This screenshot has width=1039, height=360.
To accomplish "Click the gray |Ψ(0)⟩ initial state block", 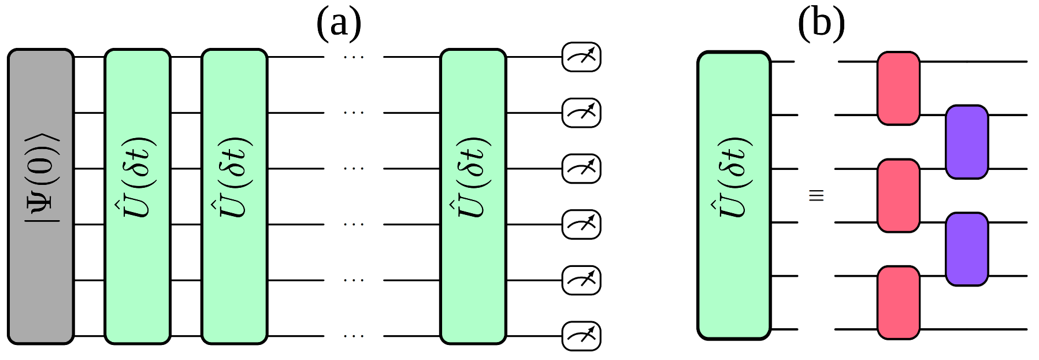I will (x=40, y=196).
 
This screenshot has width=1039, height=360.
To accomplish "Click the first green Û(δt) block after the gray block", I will (x=138, y=196).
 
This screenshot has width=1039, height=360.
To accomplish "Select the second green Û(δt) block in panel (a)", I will (x=235, y=196).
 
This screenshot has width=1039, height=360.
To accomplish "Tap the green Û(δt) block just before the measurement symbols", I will (x=473, y=196).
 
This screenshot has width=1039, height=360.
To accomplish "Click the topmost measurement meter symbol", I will (x=581, y=57).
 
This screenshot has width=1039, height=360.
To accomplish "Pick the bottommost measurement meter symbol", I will (x=581, y=336).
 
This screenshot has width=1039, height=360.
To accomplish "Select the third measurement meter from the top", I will (x=581, y=169).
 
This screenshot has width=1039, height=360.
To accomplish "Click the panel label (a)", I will (x=339, y=24).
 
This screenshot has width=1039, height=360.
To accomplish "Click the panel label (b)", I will (x=821, y=24).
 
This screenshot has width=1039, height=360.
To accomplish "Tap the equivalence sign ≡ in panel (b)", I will (x=816, y=195).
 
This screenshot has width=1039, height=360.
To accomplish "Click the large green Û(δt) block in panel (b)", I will (x=734, y=195).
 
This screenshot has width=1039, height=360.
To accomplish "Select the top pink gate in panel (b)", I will (x=898, y=88).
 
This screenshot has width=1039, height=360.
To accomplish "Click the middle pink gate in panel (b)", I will (x=898, y=196).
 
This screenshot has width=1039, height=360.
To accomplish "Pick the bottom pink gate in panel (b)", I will (x=898, y=302).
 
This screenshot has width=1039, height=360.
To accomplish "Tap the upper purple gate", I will (x=966, y=142).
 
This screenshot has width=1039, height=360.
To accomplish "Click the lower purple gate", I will (x=966, y=249).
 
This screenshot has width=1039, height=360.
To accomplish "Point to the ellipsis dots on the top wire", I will (x=354, y=57).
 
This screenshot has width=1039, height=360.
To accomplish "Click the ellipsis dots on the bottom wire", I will (x=354, y=336).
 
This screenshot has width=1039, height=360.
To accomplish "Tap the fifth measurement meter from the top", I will (x=581, y=280).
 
